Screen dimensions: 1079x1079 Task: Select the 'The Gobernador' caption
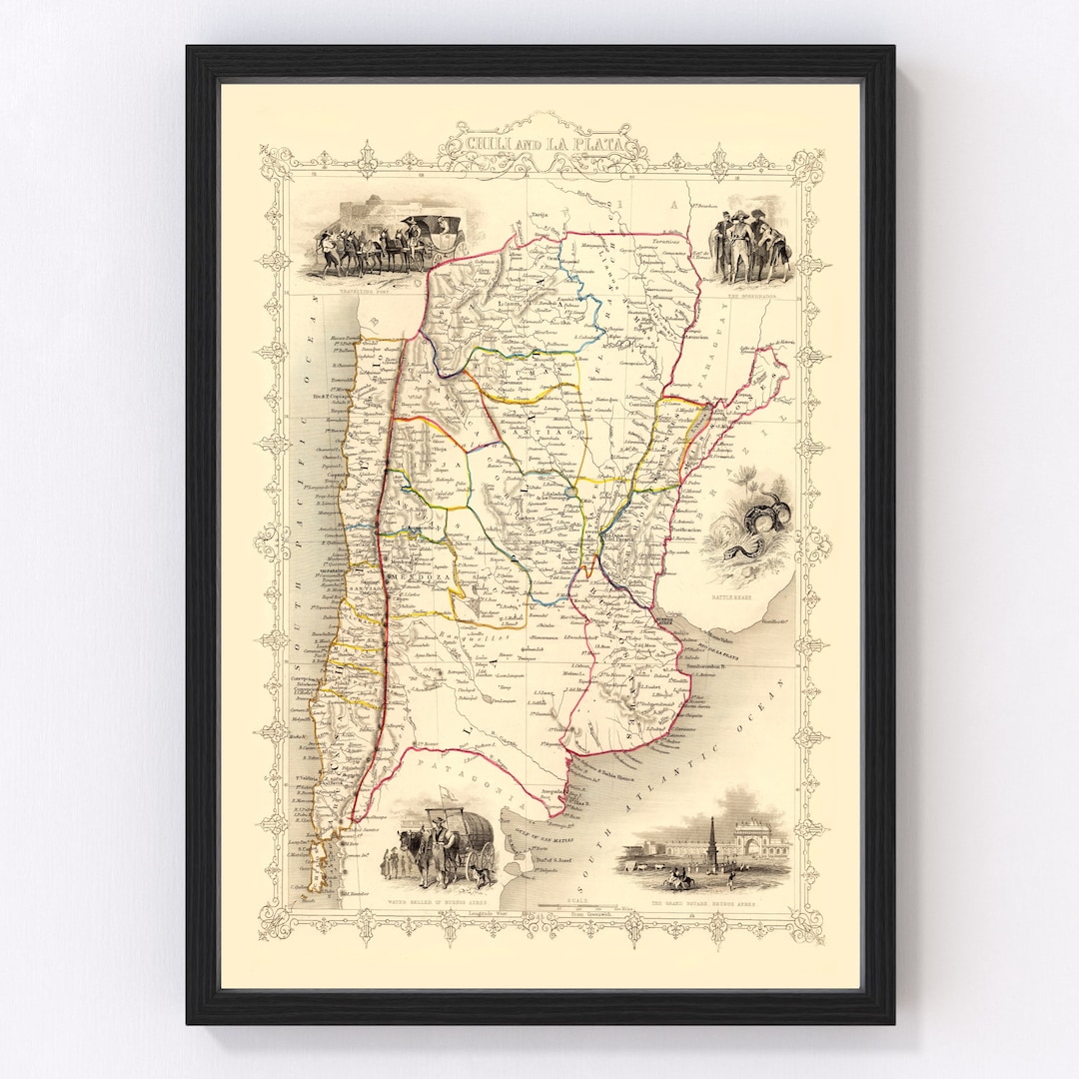pyautogui.click(x=748, y=294)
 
